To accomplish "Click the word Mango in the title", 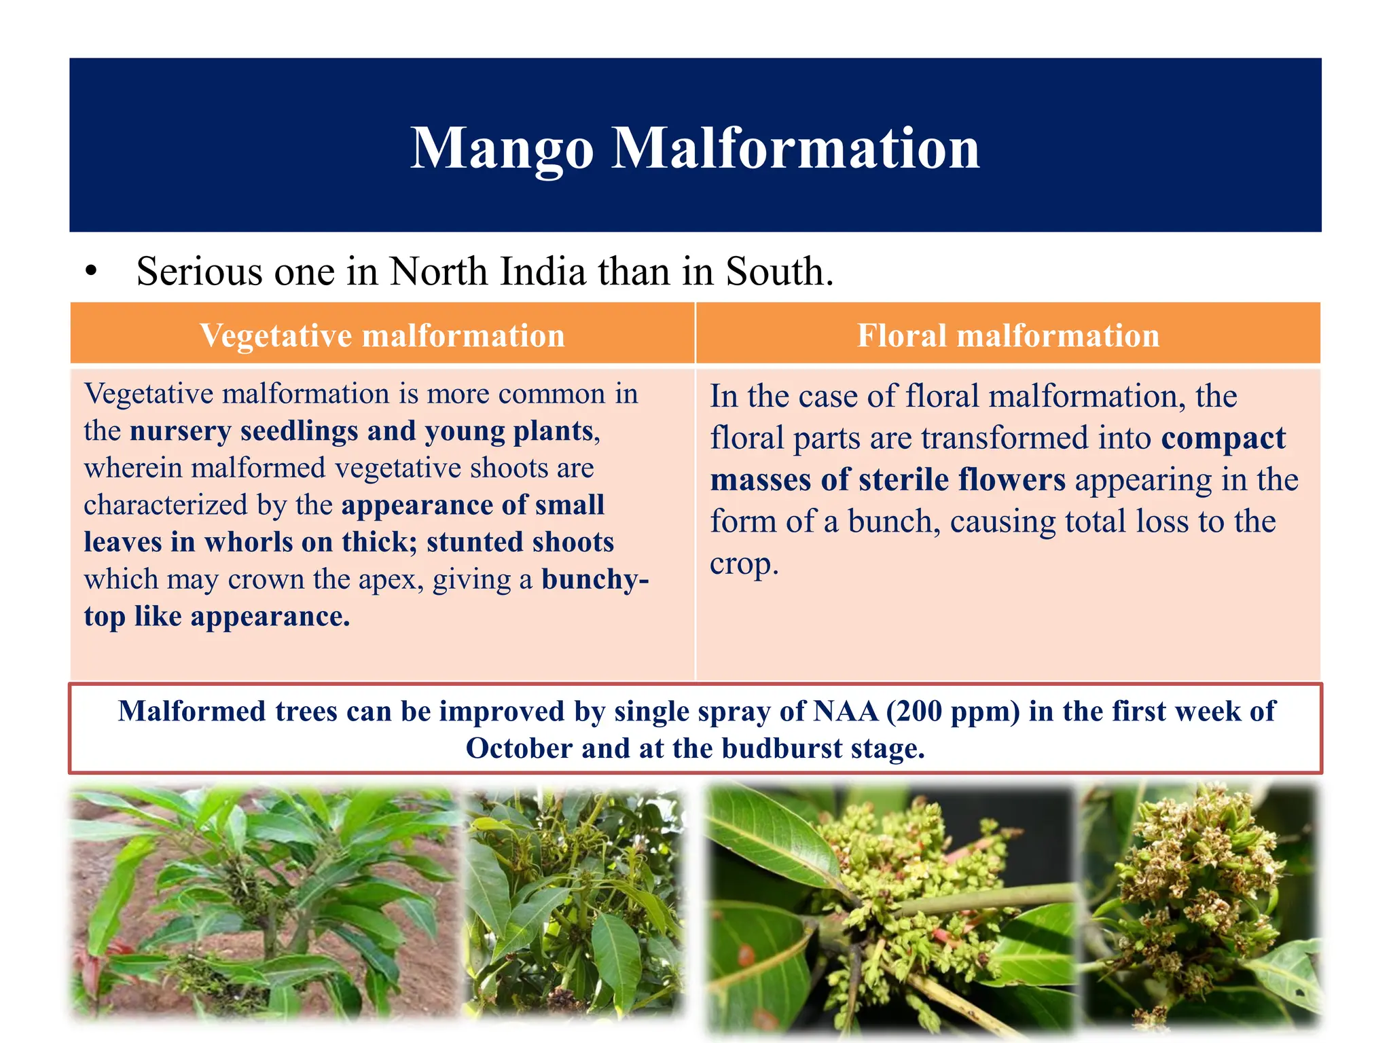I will (x=502, y=149).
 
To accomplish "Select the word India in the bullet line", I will (x=543, y=272).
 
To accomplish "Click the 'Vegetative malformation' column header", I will (x=382, y=335).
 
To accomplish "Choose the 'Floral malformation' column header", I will (x=1008, y=335).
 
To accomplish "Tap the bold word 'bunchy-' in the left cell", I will (x=595, y=579).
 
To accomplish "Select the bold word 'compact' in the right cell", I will (x=1223, y=438).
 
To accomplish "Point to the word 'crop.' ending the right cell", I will (x=744, y=564).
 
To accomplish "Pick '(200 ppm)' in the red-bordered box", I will (x=952, y=712).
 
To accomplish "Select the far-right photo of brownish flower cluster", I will (x=1199, y=903).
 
